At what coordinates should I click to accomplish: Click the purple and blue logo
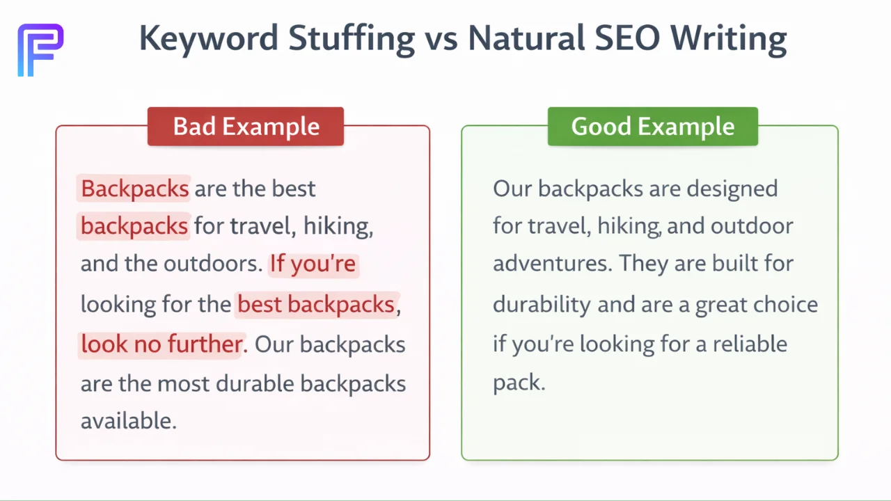[x=40, y=49]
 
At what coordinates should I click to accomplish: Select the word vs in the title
[x=441, y=38]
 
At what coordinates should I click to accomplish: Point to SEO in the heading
[x=624, y=38]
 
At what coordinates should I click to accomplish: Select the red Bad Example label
[x=246, y=127]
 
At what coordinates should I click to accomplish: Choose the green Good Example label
[x=652, y=127]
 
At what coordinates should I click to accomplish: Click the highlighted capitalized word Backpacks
[x=134, y=189]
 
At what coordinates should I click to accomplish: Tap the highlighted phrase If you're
[x=313, y=264]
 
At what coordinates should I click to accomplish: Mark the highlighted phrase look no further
[x=161, y=344]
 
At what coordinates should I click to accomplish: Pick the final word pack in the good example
[x=517, y=383]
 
